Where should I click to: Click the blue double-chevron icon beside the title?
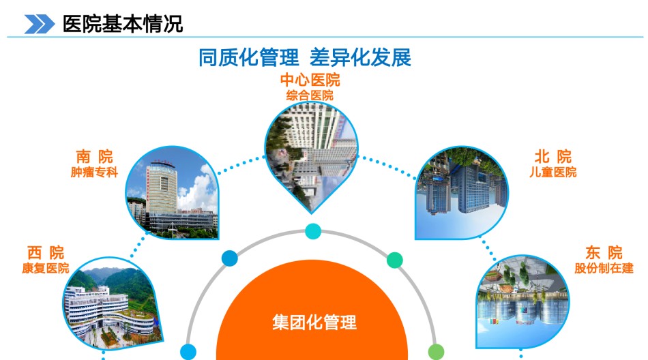pyautogui.click(x=40, y=24)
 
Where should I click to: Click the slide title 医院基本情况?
pyautogui.click(x=123, y=24)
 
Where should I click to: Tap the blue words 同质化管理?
pyautogui.click(x=248, y=57)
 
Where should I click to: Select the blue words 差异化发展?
pyautogui.click(x=360, y=57)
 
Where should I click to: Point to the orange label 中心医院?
pyautogui.click(x=310, y=80)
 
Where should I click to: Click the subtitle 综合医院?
pyautogui.click(x=310, y=95)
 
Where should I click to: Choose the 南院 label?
pyautogui.click(x=94, y=157)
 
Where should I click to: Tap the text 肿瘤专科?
pyautogui.click(x=94, y=172)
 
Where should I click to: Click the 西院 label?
pyautogui.click(x=46, y=252)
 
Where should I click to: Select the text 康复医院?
pyautogui.click(x=46, y=268)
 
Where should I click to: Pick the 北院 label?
pyautogui.click(x=553, y=157)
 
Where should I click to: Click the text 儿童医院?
pyautogui.click(x=553, y=172)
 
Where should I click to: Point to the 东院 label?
pyautogui.click(x=604, y=252)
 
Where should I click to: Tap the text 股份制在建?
pyautogui.click(x=604, y=268)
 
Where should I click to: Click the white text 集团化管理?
pyautogui.click(x=314, y=322)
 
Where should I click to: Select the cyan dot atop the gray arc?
pyautogui.click(x=313, y=231)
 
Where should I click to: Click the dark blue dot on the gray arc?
pyautogui.click(x=230, y=258)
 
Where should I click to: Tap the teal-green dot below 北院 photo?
pyautogui.click(x=395, y=260)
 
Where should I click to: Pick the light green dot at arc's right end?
pyautogui.click(x=436, y=352)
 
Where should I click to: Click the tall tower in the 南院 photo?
pyautogui.click(x=162, y=187)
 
